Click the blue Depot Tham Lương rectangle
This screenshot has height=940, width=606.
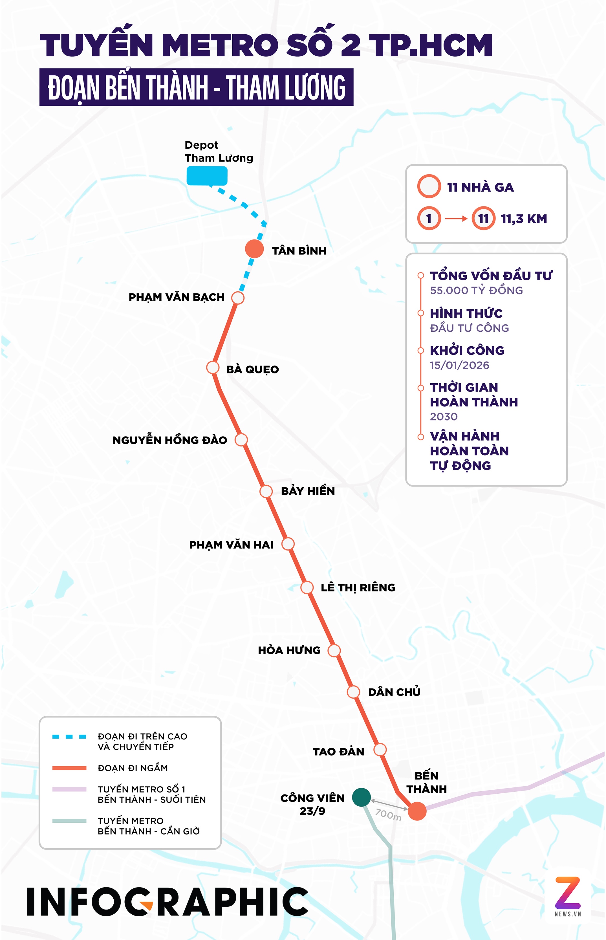tap(207, 175)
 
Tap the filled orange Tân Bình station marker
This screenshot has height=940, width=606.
tap(254, 249)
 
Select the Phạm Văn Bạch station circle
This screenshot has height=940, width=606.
tap(238, 298)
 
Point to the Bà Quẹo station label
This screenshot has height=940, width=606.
tap(252, 369)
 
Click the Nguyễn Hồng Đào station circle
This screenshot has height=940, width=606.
tap(241, 439)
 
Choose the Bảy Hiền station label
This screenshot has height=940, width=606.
tap(308, 491)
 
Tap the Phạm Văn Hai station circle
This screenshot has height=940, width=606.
tap(288, 544)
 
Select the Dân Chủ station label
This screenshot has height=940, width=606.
tap(394, 692)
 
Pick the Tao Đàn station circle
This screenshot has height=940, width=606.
tap(380, 750)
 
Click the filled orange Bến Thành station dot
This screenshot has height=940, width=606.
tap(417, 811)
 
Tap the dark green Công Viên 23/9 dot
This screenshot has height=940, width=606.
tap(361, 797)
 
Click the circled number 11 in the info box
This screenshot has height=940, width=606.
tap(483, 218)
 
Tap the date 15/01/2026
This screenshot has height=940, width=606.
tap(459, 365)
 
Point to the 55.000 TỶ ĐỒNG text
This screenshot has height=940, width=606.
tap(476, 290)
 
